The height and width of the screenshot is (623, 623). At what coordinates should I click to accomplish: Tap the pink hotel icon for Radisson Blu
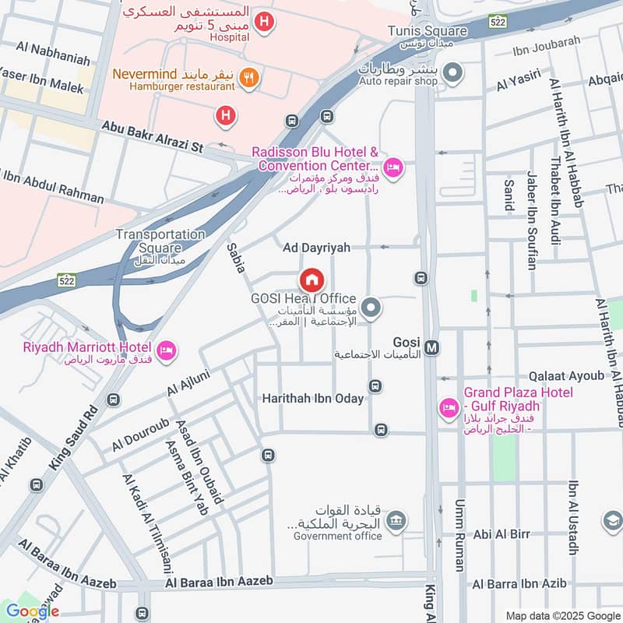tap(393, 167)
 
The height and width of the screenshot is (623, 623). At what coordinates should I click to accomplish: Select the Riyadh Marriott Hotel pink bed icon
tap(166, 352)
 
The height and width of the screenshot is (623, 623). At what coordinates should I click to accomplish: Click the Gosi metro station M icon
tap(433, 347)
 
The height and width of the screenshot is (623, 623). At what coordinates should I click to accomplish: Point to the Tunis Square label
tap(428, 31)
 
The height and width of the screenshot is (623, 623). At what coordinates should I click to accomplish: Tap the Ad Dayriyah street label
tap(316, 247)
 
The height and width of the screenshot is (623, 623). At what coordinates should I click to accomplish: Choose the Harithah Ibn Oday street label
tap(312, 398)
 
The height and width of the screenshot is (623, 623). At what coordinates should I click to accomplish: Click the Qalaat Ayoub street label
tap(566, 375)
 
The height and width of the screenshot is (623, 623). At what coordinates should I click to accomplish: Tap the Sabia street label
tap(236, 262)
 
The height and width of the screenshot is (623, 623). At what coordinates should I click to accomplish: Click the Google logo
tap(33, 611)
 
